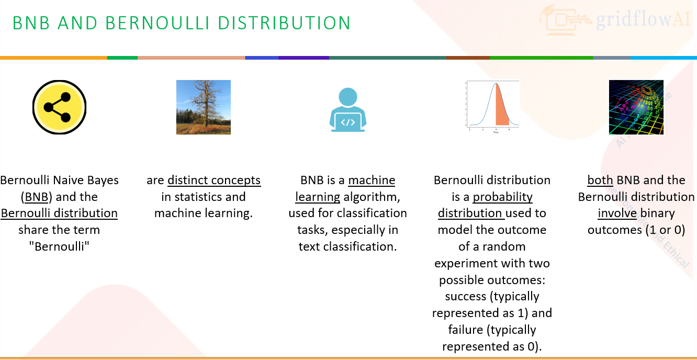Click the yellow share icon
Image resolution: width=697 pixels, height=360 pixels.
pyautogui.click(x=59, y=107)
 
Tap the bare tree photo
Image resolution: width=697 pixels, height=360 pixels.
pyautogui.click(x=203, y=107)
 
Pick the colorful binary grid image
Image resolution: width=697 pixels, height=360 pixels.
pyautogui.click(x=636, y=107)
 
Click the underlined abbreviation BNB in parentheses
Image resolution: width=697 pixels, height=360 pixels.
pyautogui.click(x=36, y=197)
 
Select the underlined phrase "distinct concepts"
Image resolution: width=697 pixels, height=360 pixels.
pyautogui.click(x=214, y=181)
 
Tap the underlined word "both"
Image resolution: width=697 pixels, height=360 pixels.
pyautogui.click(x=600, y=181)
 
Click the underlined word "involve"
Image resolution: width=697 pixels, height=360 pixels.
pyautogui.click(x=617, y=213)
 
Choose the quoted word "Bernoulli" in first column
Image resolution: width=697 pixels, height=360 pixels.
pyautogui.click(x=59, y=246)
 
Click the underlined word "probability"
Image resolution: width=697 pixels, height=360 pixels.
pyautogui.click(x=502, y=197)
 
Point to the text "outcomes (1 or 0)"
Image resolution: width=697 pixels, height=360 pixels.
pyautogui.click(x=636, y=230)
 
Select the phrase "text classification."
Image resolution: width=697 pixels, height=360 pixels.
pyautogui.click(x=347, y=246)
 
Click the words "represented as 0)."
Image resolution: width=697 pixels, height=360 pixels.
pyautogui.click(x=492, y=346)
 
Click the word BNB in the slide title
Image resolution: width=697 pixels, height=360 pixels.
pyautogui.click(x=32, y=23)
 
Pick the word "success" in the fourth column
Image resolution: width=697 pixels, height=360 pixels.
pyautogui.click(x=466, y=297)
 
